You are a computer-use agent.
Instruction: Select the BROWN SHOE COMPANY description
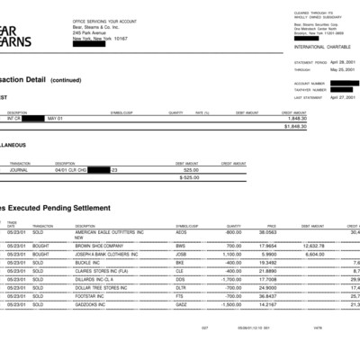98,245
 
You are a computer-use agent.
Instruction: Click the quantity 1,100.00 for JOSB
232,254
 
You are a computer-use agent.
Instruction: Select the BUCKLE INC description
89,262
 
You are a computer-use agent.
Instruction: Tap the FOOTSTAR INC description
93,296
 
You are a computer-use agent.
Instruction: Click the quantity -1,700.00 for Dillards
231,279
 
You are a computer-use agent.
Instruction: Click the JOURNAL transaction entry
19,169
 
